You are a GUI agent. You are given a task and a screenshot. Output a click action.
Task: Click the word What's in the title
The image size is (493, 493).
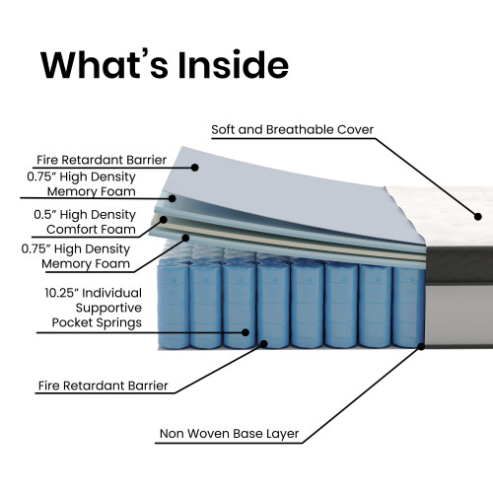pos(105,65)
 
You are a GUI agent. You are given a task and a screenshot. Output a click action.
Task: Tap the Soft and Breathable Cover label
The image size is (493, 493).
pos(292,129)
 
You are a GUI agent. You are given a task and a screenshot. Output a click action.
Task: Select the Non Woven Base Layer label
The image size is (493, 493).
pos(229,434)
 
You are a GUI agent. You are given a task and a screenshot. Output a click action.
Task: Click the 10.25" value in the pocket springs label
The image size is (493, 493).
pos(60,293)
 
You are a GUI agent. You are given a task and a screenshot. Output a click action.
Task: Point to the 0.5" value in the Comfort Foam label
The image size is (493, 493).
pos(45,215)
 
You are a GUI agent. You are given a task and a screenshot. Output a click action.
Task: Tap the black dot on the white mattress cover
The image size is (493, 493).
pos(478,217)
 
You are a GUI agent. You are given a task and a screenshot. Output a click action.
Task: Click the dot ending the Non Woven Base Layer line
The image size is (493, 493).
pos(421,346)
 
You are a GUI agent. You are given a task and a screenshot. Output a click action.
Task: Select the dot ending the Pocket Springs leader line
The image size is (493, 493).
pos(246,332)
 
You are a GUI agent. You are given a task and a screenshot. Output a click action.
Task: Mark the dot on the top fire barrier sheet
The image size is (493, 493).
pos(195,168)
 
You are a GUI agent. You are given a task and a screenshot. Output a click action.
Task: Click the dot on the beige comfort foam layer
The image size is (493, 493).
pos(164,220)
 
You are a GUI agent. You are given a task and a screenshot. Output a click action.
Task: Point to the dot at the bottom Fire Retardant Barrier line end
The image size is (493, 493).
pos(264,344)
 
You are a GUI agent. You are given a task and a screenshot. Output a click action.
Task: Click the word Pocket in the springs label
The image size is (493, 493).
pos(71,322)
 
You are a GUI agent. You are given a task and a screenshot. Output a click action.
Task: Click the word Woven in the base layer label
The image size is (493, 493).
pos(209,434)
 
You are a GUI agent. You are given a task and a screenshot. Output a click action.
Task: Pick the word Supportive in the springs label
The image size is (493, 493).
pos(108,308)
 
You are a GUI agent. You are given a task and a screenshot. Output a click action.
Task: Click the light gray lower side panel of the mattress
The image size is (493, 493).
pos(458,316)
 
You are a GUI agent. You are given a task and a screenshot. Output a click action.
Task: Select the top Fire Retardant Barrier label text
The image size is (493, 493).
pos(102,160)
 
